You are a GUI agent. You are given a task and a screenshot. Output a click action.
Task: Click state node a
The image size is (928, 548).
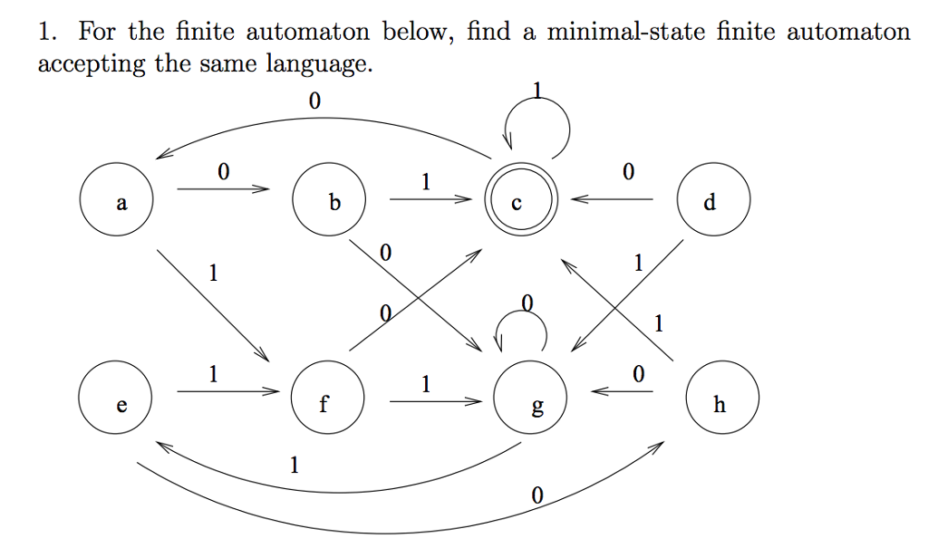[116, 201]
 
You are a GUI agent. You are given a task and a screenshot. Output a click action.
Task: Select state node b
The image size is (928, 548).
[329, 201]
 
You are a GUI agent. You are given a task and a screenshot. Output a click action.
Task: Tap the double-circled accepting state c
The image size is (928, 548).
[515, 201]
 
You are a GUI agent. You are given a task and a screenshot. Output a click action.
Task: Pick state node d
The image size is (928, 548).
[713, 201]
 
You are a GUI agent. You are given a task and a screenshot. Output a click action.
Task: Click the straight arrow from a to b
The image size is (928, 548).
[223, 189]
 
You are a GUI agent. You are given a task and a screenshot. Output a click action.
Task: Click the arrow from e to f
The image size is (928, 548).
[223, 391]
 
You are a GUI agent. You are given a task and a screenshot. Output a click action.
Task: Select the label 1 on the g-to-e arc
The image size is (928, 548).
[293, 466]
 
